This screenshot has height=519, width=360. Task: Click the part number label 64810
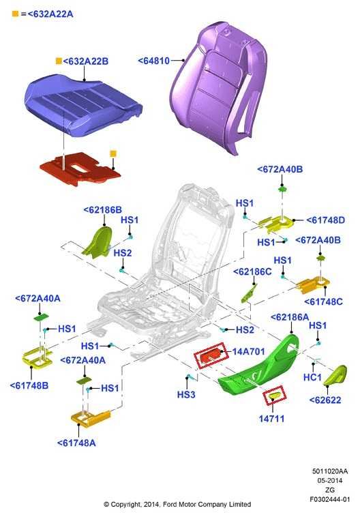click(x=153, y=61)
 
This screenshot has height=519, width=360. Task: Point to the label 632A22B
click(x=85, y=61)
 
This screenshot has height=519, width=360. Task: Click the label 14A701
click(x=248, y=351)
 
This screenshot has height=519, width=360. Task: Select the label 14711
click(x=271, y=419)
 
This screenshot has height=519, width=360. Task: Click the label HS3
click(x=186, y=395)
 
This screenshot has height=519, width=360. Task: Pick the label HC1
click(x=312, y=377)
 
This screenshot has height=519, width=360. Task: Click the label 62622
click(x=325, y=400)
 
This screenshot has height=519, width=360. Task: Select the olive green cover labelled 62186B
click(x=97, y=241)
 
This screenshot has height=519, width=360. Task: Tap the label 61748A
click(x=76, y=443)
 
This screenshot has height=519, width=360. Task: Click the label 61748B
click(x=29, y=385)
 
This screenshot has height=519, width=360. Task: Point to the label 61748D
click(x=326, y=220)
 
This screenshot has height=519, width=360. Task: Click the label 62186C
click(x=252, y=271)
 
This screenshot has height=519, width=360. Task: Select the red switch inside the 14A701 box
click(x=211, y=356)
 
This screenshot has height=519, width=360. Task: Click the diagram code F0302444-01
click(x=329, y=499)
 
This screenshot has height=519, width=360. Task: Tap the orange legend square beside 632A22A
click(x=15, y=14)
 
